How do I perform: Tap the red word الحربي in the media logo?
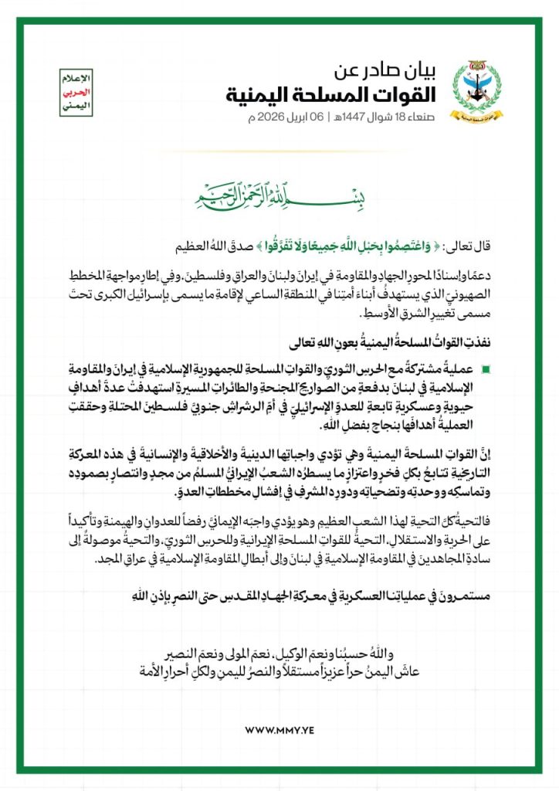coord(75,91)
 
